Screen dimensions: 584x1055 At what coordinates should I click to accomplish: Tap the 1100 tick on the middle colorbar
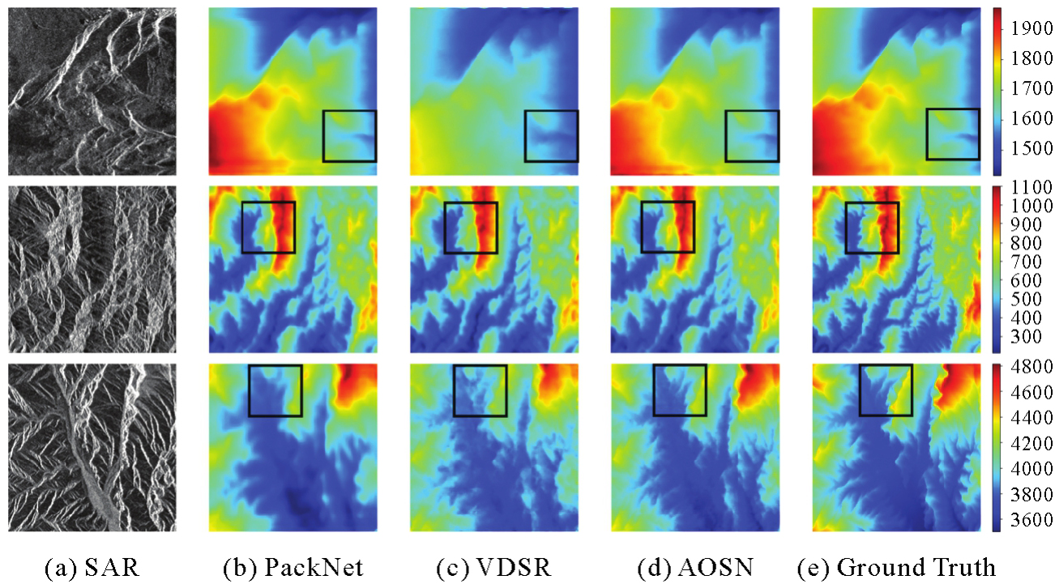click(1027, 188)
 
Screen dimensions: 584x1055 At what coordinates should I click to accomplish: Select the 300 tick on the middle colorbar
click(1027, 335)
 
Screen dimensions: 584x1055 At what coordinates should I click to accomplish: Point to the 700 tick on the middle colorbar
click(1027, 262)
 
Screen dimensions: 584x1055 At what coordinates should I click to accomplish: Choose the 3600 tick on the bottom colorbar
click(1027, 518)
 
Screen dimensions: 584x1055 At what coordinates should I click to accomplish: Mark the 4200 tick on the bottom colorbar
click(1027, 442)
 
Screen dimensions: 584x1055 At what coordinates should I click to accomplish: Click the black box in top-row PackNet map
click(349, 136)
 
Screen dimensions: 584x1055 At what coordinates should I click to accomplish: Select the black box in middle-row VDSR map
click(471, 228)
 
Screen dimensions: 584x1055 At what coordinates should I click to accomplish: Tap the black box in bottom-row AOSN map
click(679, 390)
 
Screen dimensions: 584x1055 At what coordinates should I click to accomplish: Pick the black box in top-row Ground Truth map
click(953, 134)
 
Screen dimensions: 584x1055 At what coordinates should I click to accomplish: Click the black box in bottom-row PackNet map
click(275, 390)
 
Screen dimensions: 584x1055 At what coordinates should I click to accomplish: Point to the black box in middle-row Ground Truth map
click(871, 228)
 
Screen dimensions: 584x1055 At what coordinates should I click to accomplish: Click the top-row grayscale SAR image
click(92, 91)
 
